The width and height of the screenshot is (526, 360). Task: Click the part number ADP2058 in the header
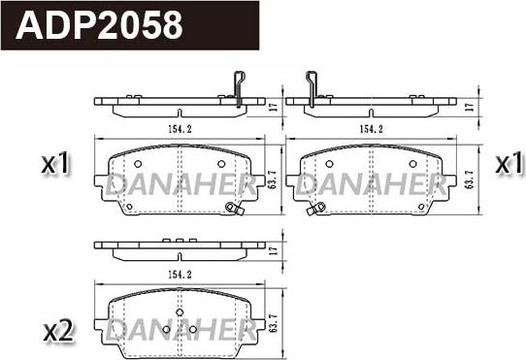[100, 24]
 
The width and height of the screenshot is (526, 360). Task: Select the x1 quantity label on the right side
[508, 165]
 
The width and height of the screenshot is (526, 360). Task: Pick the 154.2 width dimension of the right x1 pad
[369, 127]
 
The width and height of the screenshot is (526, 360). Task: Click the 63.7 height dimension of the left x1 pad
[274, 180]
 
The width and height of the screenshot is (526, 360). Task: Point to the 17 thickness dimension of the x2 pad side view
[273, 250]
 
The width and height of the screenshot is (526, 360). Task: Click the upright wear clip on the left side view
[238, 87]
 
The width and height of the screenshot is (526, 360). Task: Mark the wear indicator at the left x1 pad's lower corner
[231, 207]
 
